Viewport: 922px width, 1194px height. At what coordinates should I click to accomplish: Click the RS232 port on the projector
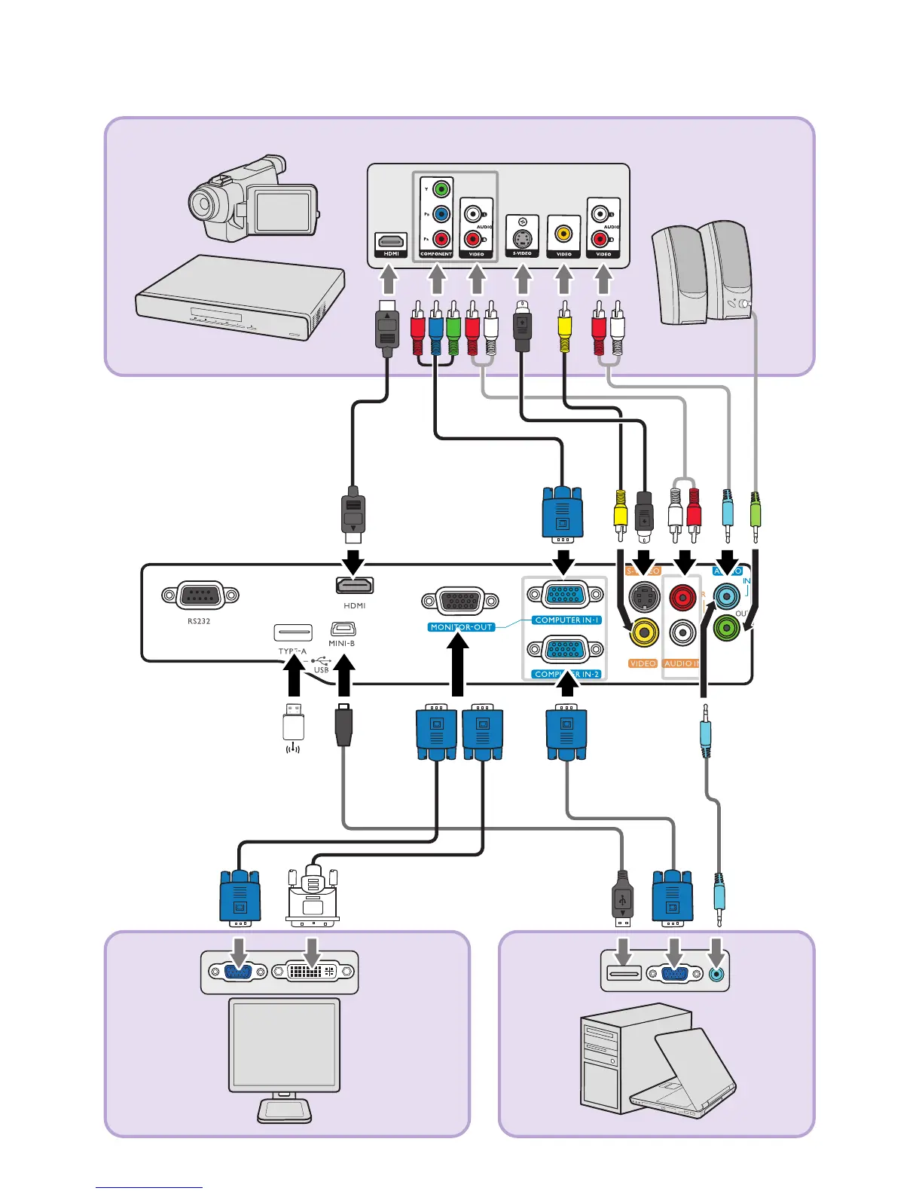click(200, 595)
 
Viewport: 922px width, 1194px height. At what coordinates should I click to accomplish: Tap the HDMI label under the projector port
click(355, 605)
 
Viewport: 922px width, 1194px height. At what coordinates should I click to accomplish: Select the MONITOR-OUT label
click(462, 627)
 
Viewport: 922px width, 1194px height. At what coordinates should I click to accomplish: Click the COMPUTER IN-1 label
click(567, 620)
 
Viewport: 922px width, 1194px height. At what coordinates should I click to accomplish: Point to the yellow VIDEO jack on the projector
click(644, 632)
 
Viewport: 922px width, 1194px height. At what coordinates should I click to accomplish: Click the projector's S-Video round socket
click(644, 599)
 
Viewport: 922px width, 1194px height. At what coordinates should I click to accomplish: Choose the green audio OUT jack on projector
click(726, 627)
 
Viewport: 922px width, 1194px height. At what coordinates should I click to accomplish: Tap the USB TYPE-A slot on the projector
click(293, 632)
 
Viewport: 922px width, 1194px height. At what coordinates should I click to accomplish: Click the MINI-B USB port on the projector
click(343, 629)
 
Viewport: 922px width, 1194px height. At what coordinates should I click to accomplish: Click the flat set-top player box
click(240, 298)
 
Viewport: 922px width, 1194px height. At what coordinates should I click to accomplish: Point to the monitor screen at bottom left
click(284, 1045)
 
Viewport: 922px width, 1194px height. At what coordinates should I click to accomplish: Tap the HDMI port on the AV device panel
click(391, 241)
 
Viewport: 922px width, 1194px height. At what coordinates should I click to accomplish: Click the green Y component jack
click(441, 189)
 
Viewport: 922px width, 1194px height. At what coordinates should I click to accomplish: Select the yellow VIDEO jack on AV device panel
click(563, 234)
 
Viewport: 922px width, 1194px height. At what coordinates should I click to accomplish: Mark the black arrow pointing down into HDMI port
click(354, 562)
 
